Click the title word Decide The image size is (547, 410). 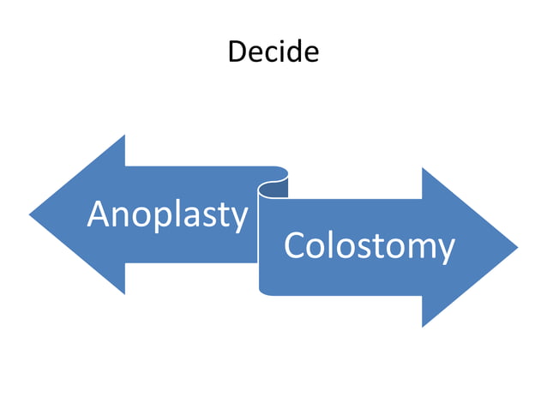point(273,52)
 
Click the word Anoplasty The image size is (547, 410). point(167,214)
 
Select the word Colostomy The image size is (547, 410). point(369,247)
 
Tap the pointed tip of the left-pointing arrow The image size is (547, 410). point(32,214)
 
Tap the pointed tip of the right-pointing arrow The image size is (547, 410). point(516,247)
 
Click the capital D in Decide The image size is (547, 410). point(237,52)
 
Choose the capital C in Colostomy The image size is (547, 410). point(294,247)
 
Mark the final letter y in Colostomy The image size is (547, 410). point(444,250)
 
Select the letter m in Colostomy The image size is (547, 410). point(418,248)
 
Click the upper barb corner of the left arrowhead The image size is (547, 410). point(125,136)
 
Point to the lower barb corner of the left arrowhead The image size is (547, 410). point(125,293)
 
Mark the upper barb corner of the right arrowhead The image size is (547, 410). point(423,169)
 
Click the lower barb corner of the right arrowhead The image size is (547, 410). point(423,326)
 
